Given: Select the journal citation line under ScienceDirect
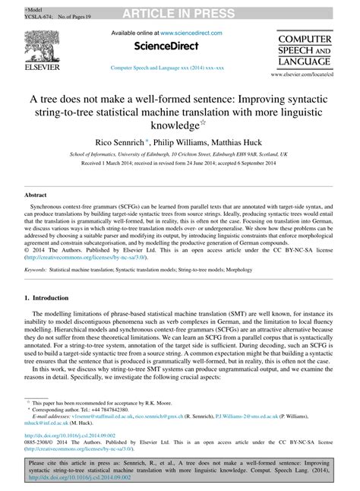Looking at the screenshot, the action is [x=168, y=68].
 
